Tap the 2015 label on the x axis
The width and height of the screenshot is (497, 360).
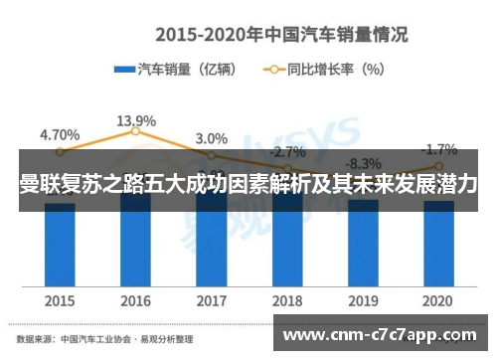[60, 299]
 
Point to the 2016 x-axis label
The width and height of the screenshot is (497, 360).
[135, 299]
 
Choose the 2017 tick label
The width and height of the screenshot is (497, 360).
[211, 299]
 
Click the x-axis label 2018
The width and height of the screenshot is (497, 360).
[287, 299]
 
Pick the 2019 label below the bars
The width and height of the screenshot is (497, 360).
[363, 299]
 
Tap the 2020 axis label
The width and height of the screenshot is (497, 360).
[438, 299]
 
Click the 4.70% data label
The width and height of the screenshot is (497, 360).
[60, 134]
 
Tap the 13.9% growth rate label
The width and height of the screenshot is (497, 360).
[135, 120]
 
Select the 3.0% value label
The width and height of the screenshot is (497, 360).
[211, 138]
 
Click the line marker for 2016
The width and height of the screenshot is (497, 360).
[135, 131]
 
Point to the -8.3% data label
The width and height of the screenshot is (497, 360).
[364, 163]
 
